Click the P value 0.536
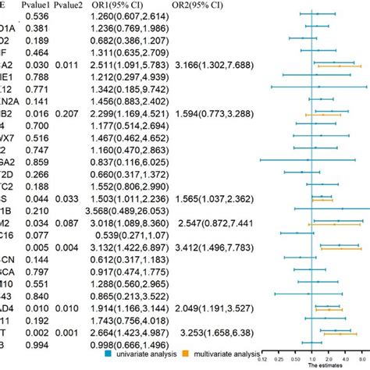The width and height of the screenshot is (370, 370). point(37,16)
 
